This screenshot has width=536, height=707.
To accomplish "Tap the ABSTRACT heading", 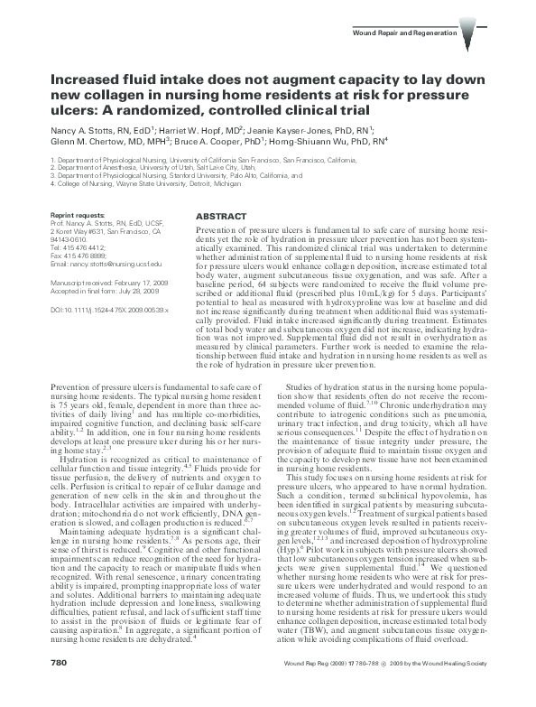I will [x=220, y=217].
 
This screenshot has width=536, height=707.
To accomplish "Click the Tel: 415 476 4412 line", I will [x=77, y=247].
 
